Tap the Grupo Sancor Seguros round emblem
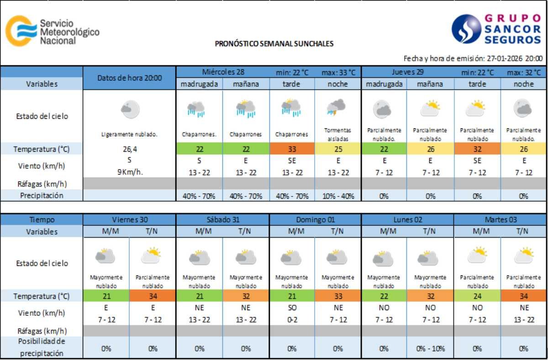pyautogui.click(x=466, y=29)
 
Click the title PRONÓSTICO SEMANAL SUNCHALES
pyautogui.click(x=274, y=44)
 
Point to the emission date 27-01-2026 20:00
pyautogui.click(x=515, y=58)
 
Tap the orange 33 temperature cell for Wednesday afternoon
pyautogui.click(x=291, y=149)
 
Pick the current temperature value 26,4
pyautogui.click(x=130, y=149)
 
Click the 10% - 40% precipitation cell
pyautogui.click(x=337, y=196)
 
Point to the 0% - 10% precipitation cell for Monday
pyautogui.click(x=430, y=349)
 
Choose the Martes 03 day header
pyautogui.click(x=501, y=219)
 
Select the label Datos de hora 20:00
pyautogui.click(x=130, y=78)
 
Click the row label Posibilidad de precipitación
pyautogui.click(x=42, y=347)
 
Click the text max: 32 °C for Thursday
pyautogui.click(x=523, y=72)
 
